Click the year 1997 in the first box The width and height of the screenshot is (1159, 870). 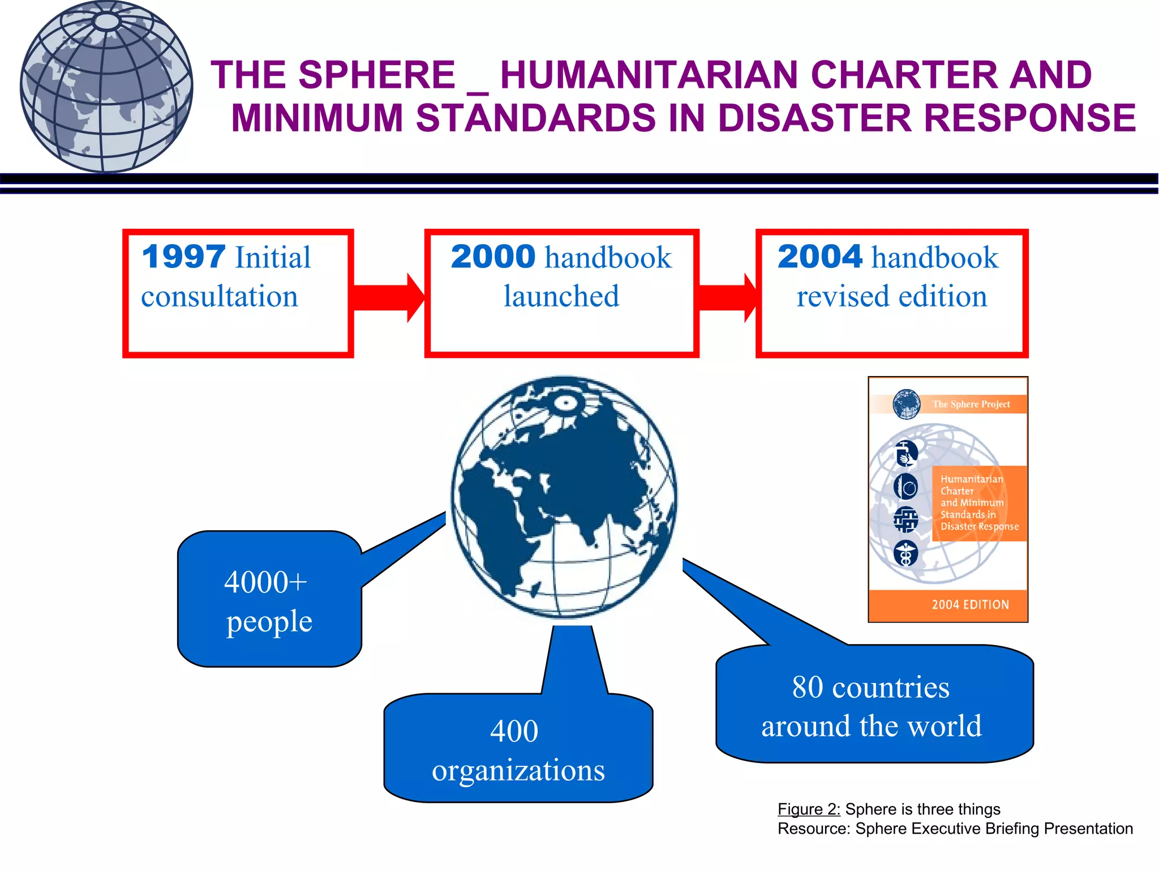[183, 257]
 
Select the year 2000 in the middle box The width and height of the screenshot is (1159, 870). [493, 257]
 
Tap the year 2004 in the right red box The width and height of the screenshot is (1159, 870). [819, 257]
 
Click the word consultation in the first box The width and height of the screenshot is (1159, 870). [220, 297]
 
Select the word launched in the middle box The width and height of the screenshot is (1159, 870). [561, 297]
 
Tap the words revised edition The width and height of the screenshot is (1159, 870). [892, 297]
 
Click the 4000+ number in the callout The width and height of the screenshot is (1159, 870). [265, 582]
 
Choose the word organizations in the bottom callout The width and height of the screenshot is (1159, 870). [518, 770]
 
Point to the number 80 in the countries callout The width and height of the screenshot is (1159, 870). [808, 688]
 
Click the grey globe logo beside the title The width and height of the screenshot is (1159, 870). [106, 87]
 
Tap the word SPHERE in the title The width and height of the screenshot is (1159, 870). [376, 75]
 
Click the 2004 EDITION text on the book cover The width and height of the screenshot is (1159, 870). [970, 605]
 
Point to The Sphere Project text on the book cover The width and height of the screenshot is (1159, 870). [971, 404]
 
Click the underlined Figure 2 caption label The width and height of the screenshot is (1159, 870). [809, 809]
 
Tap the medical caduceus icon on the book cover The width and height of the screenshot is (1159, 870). [905, 553]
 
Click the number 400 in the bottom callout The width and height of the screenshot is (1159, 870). [514, 731]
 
